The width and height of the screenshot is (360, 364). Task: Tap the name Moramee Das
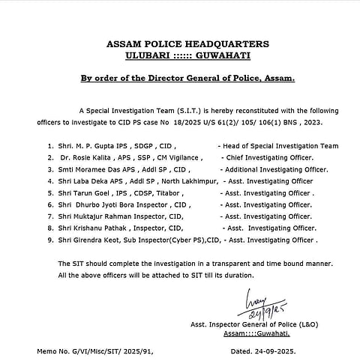coord(101,170)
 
